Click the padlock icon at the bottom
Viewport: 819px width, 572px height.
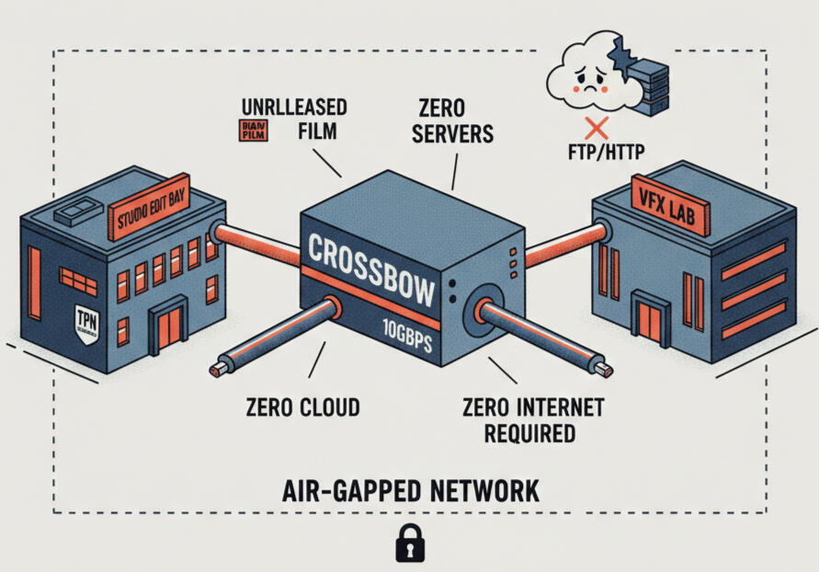pos(409,543)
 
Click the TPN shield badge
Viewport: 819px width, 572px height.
pos(85,321)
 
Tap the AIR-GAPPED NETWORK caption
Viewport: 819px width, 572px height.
pos(409,489)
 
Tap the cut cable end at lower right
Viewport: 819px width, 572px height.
pos(604,370)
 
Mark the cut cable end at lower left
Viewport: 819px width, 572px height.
pos(218,370)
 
